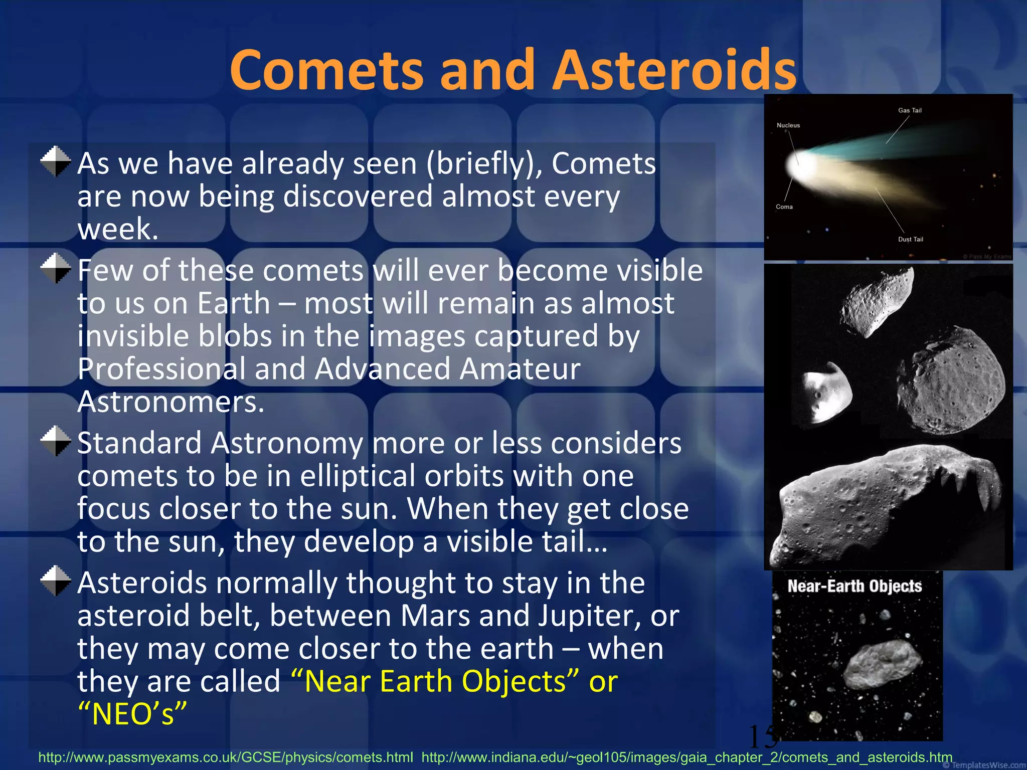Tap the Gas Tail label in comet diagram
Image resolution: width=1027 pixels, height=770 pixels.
click(x=910, y=110)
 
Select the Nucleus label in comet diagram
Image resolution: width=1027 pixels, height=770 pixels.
click(x=788, y=125)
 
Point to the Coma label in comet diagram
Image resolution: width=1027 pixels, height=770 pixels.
click(x=784, y=207)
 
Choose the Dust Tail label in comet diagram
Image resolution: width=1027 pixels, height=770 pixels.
click(x=910, y=239)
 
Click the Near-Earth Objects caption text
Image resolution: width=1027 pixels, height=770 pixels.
click(x=854, y=586)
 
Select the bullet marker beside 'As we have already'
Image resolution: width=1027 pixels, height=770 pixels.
click(x=56, y=161)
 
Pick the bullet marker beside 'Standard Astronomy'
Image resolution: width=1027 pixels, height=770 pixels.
click(x=56, y=441)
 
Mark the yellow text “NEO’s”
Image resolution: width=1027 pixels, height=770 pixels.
click(x=132, y=714)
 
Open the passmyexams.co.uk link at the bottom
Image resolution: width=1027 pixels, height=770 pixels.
click(x=226, y=757)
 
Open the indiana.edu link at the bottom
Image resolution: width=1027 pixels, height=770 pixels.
click(x=687, y=757)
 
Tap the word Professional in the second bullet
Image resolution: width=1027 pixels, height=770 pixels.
click(x=161, y=369)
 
